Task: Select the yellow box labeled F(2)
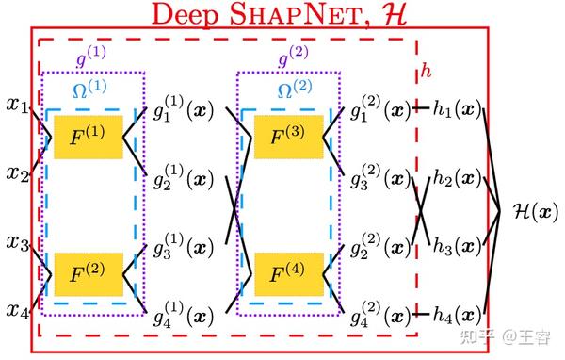pos(89,274)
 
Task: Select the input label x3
pos(17,243)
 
